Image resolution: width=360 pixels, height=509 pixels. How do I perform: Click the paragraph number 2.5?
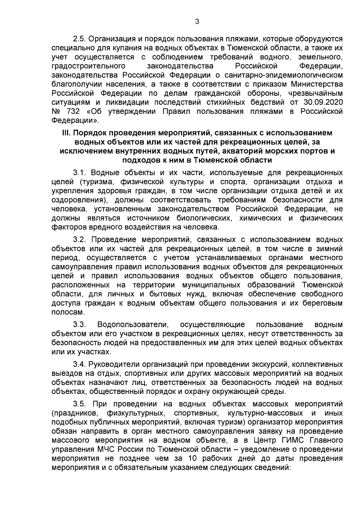pyautogui.click(x=79, y=39)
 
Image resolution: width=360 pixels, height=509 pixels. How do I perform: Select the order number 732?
pyautogui.click(x=73, y=112)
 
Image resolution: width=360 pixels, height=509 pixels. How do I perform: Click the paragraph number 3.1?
pyautogui.click(x=79, y=173)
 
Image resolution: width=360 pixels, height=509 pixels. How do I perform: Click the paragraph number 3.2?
pyautogui.click(x=79, y=239)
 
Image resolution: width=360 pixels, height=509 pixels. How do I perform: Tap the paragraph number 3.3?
pyautogui.click(x=79, y=324)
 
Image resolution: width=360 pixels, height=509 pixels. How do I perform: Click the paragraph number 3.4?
pyautogui.click(x=79, y=364)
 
